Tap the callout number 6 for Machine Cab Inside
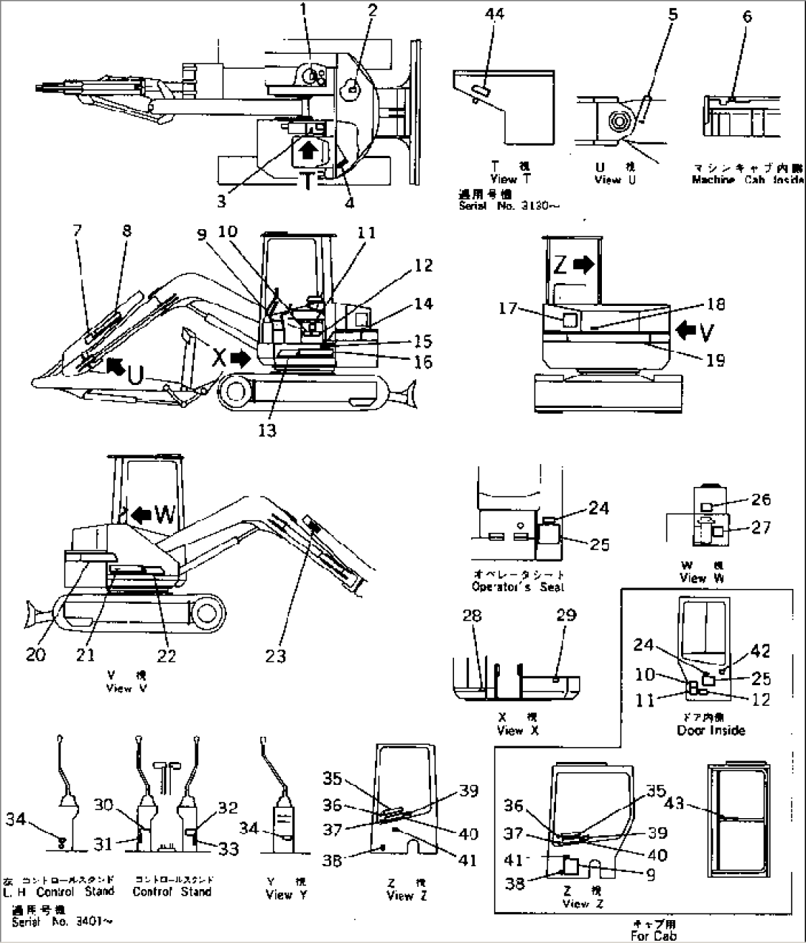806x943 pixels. (x=748, y=16)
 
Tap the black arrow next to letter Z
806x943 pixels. (x=583, y=265)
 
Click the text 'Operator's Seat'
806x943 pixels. (x=518, y=587)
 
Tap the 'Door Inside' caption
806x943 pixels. (x=710, y=730)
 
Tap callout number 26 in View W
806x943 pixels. (x=759, y=501)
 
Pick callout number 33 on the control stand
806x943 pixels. (x=229, y=849)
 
